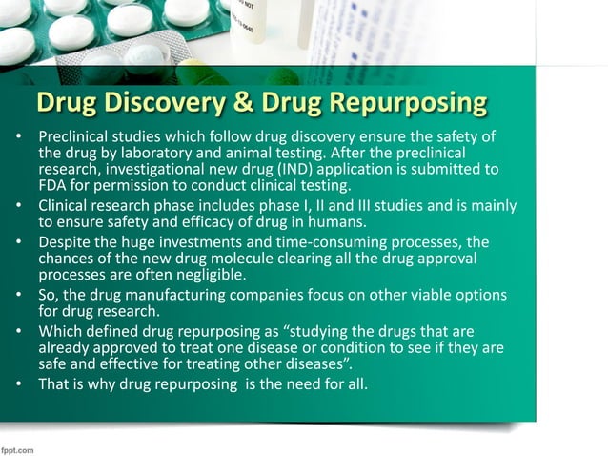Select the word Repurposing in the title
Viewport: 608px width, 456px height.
click(407, 102)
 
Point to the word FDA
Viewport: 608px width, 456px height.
click(53, 185)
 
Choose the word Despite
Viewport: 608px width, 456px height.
click(65, 242)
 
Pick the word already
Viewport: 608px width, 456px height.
click(68, 347)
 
